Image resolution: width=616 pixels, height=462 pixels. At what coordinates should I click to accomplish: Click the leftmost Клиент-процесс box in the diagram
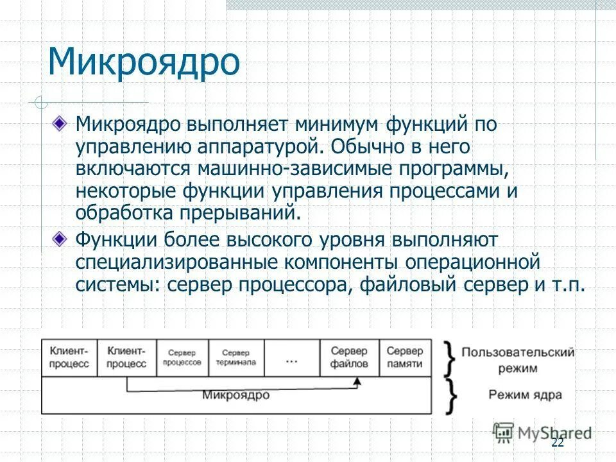pyautogui.click(x=69, y=357)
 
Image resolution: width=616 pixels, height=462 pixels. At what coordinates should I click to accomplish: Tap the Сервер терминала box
pyautogui.click(x=238, y=357)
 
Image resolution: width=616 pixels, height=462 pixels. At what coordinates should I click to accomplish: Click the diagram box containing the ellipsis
pyautogui.click(x=291, y=357)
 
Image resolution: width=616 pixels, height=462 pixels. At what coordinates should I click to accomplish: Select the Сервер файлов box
pyautogui.click(x=349, y=357)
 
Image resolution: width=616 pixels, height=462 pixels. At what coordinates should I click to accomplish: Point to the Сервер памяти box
pyautogui.click(x=406, y=357)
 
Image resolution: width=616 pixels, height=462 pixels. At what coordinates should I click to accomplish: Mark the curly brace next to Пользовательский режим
pyautogui.click(x=450, y=358)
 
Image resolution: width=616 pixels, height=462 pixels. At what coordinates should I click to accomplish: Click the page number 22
pyautogui.click(x=557, y=443)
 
